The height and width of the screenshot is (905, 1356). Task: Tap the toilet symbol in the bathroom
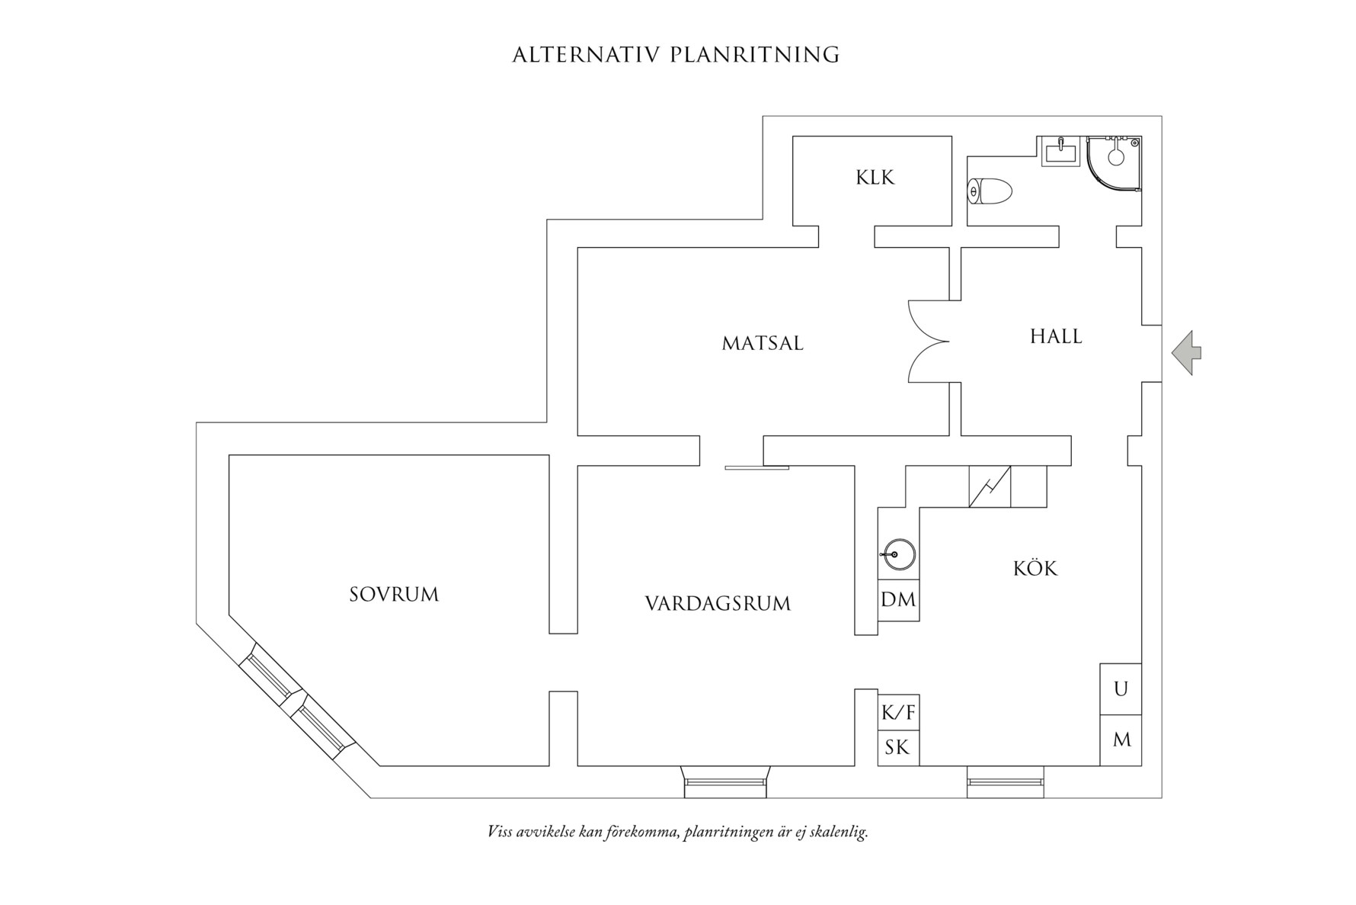pos(990,191)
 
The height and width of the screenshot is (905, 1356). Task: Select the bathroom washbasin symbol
pos(1060,151)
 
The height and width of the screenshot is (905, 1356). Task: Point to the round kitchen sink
pos(899,554)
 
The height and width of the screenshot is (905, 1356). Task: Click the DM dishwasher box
pos(898,600)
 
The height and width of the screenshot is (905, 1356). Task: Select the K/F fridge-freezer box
pos(898,714)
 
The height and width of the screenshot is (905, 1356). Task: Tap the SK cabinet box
pos(898,748)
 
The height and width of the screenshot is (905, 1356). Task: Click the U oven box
pos(1121,689)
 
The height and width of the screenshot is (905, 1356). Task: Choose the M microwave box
pos(1121,740)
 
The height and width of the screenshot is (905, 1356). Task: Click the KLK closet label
pos(875,178)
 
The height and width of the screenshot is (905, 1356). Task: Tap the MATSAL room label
pos(763,343)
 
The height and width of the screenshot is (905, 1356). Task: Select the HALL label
pos(1056,336)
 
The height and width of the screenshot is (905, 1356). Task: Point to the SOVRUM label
pos(394,594)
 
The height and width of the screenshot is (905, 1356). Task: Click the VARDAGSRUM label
pos(718,604)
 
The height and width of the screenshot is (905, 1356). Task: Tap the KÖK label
pos(1035,568)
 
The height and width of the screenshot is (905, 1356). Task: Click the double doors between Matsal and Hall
pos(929,341)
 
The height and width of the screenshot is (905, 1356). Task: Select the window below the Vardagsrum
pos(725,781)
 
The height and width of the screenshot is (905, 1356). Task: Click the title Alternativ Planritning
pos(676,55)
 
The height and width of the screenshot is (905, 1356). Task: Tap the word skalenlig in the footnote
pos(839,832)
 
